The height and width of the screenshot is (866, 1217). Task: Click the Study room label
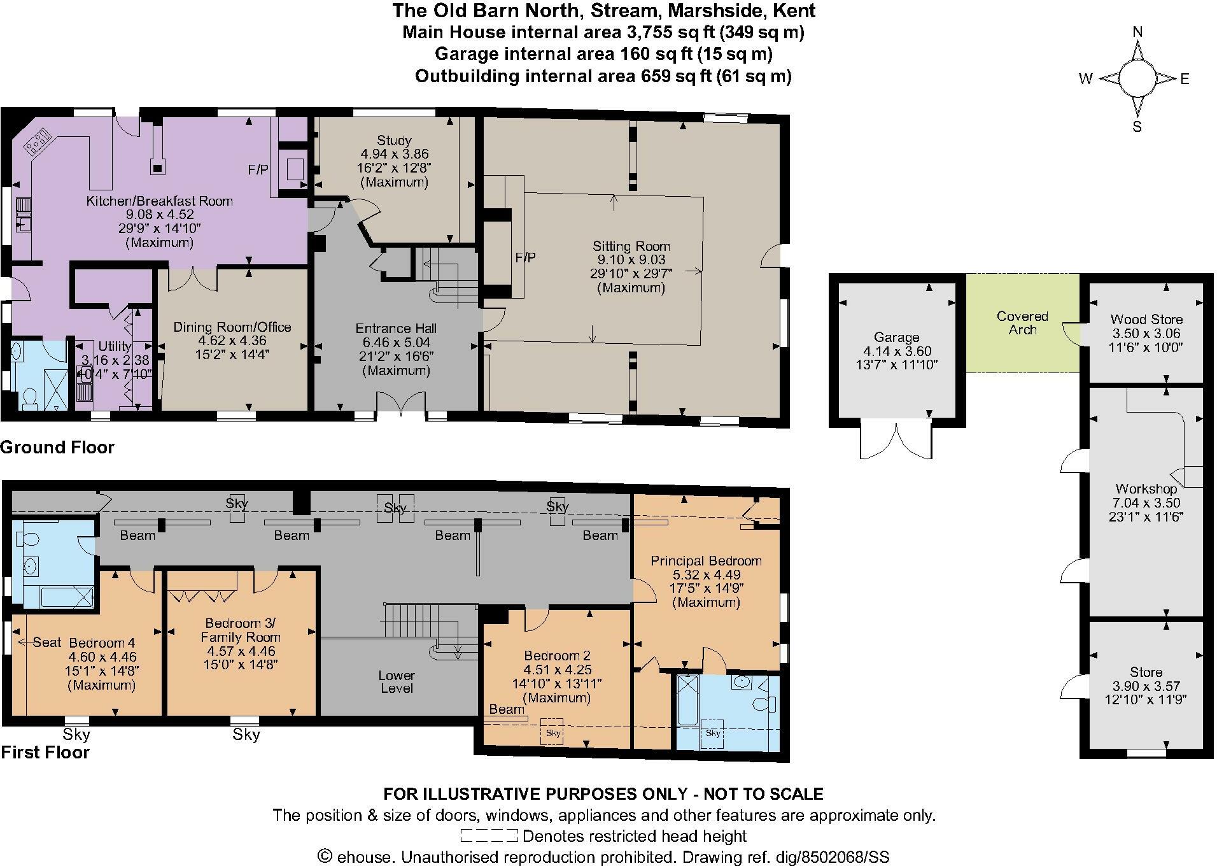tap(394, 140)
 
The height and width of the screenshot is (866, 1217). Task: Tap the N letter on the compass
tap(1138, 32)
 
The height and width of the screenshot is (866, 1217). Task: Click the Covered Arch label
tap(1022, 323)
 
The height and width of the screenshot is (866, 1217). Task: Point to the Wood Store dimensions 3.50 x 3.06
tap(1146, 334)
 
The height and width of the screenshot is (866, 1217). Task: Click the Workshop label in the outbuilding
tap(1146, 489)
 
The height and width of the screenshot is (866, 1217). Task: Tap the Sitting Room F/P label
tap(525, 258)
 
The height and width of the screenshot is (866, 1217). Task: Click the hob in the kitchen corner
tap(38, 141)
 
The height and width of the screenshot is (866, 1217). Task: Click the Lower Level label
tap(397, 682)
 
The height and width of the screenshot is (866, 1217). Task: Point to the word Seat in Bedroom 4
tap(46, 642)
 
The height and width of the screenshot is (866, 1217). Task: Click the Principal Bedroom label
tap(706, 561)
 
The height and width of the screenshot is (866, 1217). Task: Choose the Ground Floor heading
tap(57, 448)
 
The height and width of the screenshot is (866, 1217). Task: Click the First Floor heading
tap(45, 753)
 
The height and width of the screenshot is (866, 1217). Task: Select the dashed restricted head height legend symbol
tap(489, 836)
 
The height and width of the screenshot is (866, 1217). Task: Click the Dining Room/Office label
tap(232, 327)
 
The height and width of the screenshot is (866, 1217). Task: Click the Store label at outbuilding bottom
tap(1146, 672)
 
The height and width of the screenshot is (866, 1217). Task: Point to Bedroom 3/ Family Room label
tap(241, 630)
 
